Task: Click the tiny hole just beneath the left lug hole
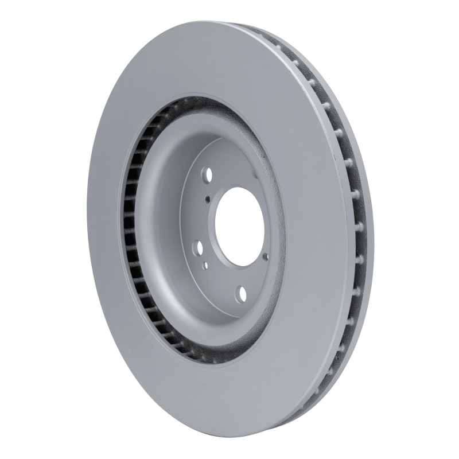tap(205, 265)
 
